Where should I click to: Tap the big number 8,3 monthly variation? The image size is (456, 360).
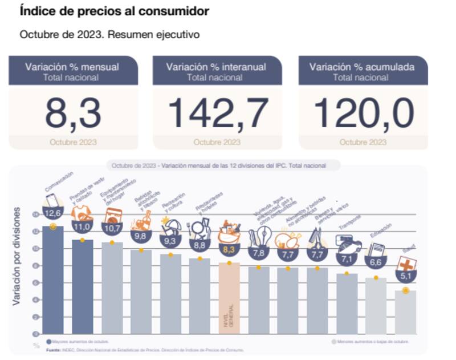tap(73, 112)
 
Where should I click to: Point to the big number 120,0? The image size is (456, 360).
tap(364, 112)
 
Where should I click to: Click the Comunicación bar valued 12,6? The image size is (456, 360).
tap(53, 280)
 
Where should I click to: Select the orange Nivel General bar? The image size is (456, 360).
tap(229, 297)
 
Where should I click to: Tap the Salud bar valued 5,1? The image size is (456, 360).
tap(405, 311)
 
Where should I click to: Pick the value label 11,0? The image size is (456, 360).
tap(82, 226)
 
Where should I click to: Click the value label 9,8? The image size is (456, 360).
tap(140, 235)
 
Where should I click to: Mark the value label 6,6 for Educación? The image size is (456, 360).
tap(376, 263)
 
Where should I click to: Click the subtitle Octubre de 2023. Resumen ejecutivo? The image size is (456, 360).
tap(109, 34)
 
